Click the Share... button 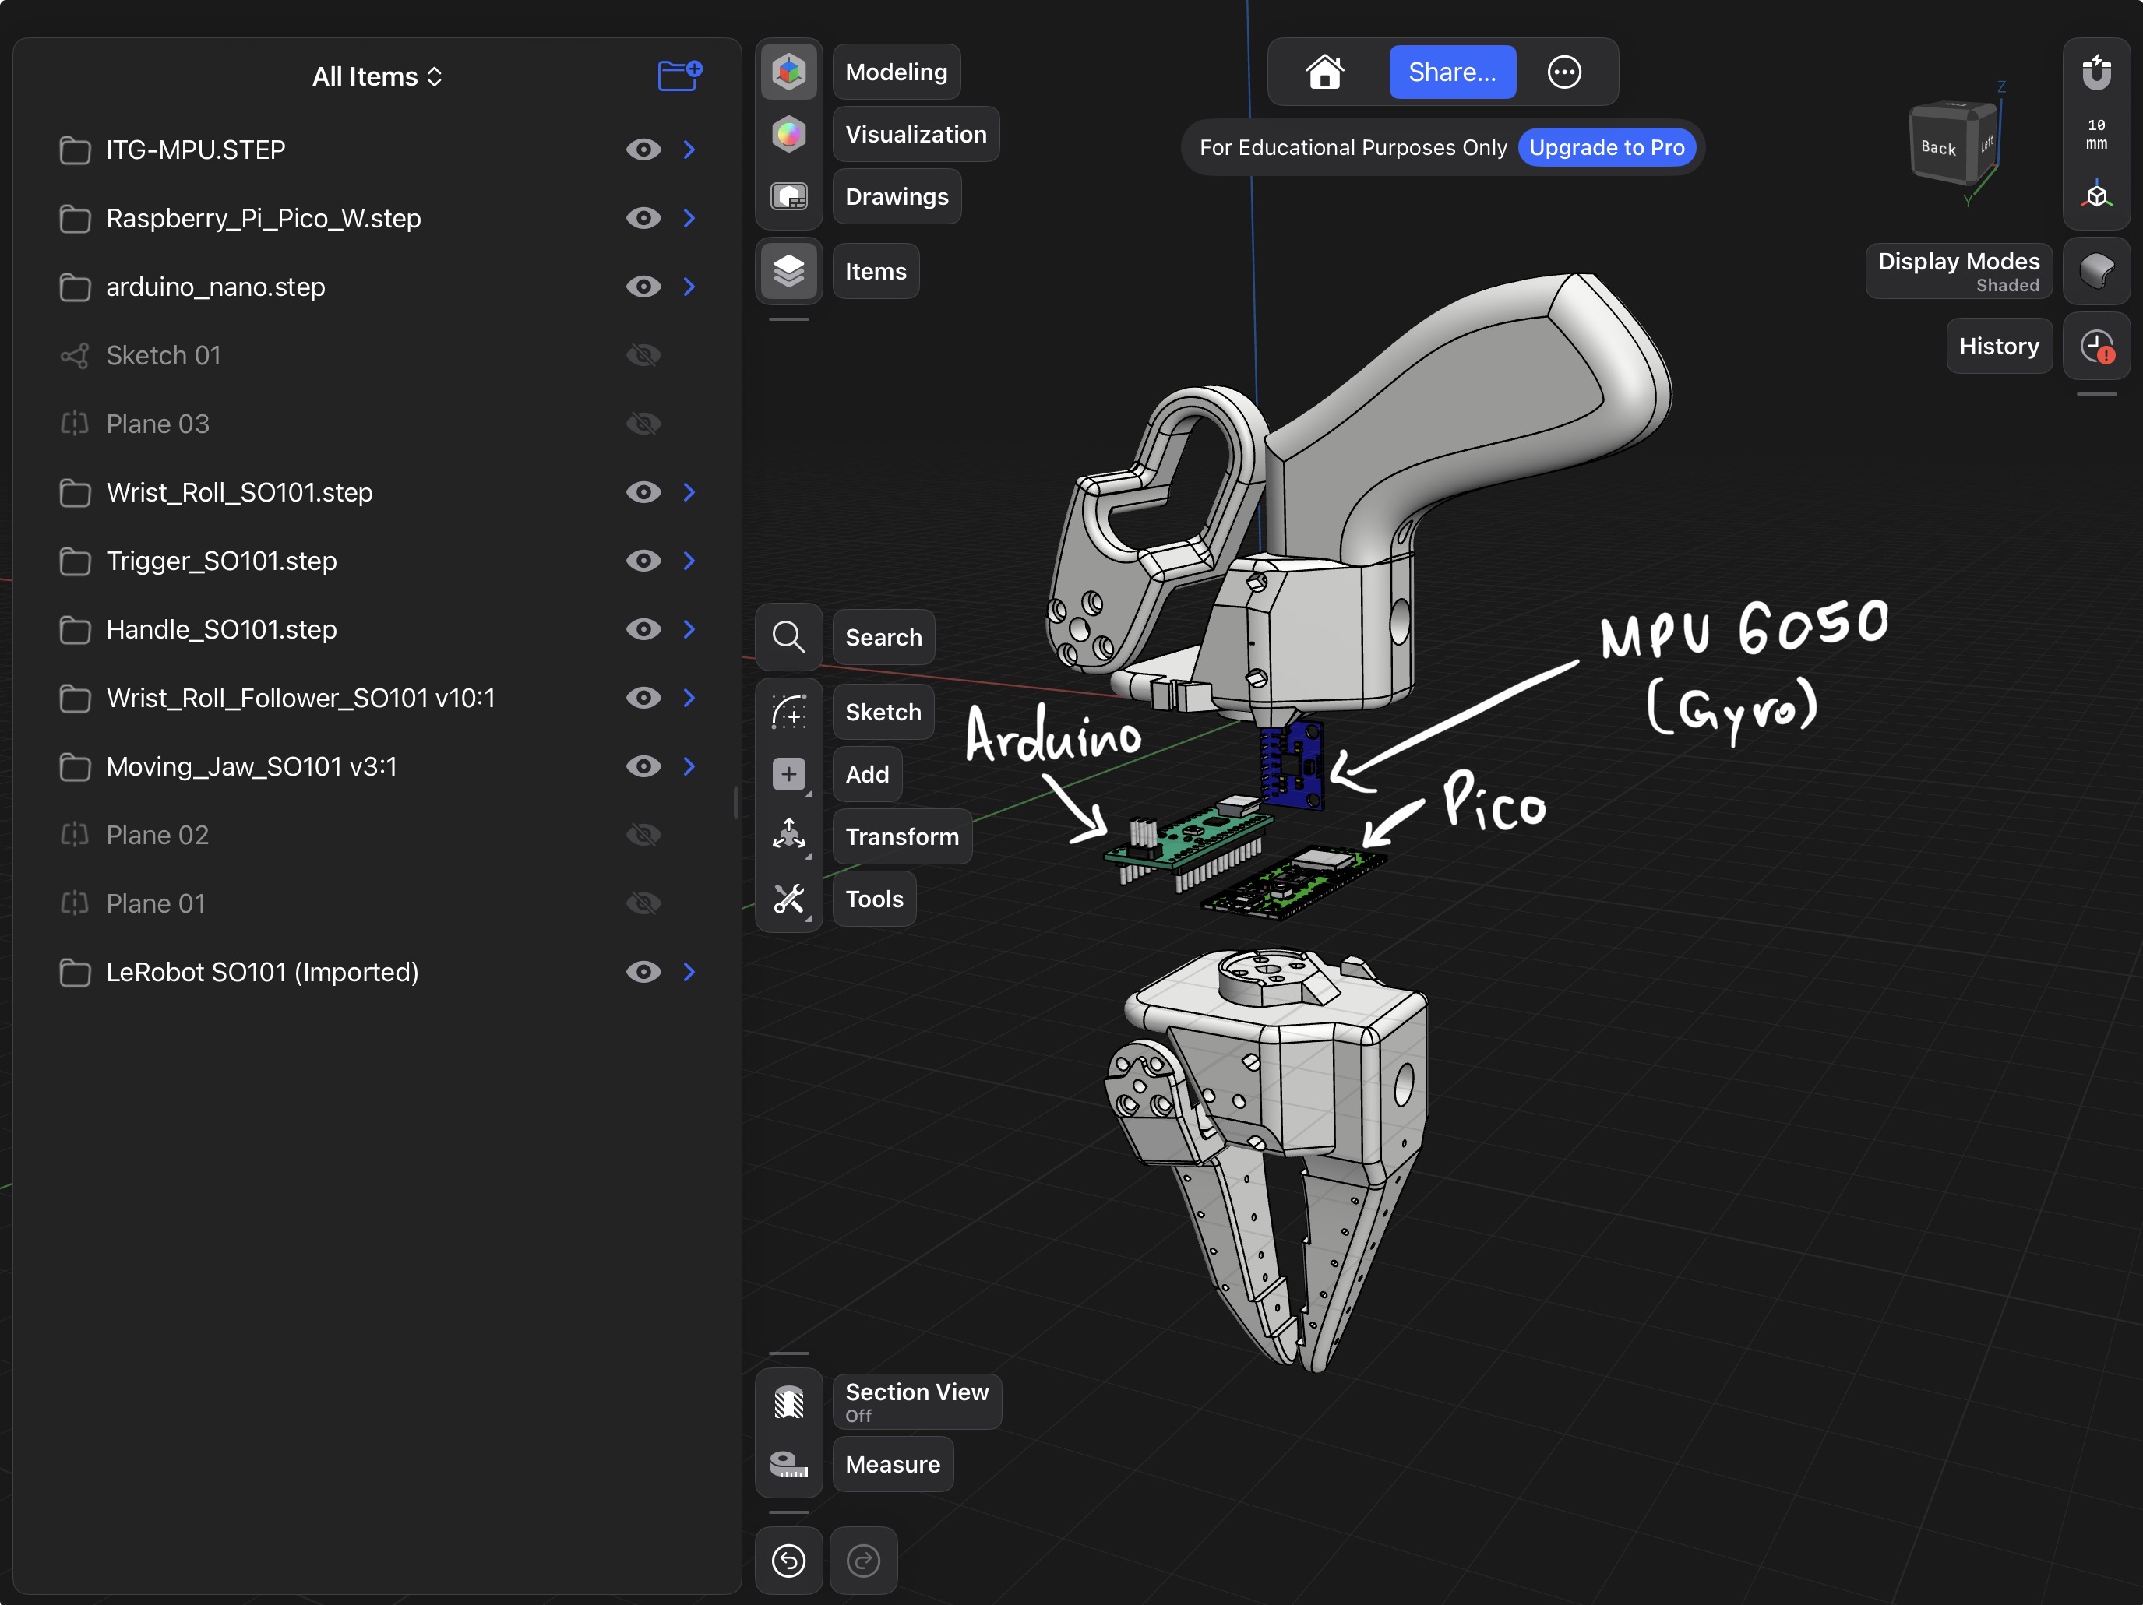click(x=1451, y=72)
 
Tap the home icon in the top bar click(x=1324, y=72)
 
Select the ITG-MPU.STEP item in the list click(x=196, y=150)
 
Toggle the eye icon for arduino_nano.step click(x=643, y=287)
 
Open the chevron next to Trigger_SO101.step click(x=689, y=561)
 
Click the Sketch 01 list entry click(x=163, y=355)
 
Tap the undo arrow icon click(x=788, y=1561)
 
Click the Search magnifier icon click(x=788, y=637)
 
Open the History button click(x=1999, y=346)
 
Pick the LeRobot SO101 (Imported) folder click(x=262, y=972)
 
